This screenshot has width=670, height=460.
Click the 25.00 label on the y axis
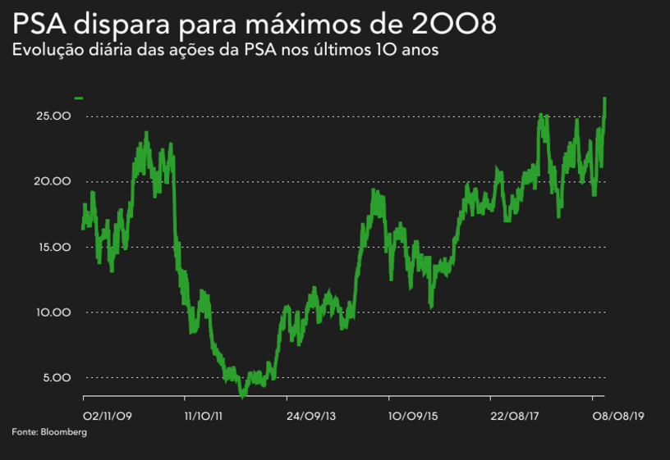pos(53,116)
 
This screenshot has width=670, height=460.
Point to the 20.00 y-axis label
pos(53,181)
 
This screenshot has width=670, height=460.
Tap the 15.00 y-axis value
pos(53,247)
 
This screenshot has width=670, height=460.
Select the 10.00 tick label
pos(53,312)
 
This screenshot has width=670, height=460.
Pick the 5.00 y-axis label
pos(56,378)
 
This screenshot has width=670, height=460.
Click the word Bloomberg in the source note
pos(63,432)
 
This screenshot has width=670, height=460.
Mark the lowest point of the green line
pos(242,396)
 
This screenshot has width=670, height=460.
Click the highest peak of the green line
pos(604,98)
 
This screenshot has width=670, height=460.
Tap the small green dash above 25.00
pos(79,98)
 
